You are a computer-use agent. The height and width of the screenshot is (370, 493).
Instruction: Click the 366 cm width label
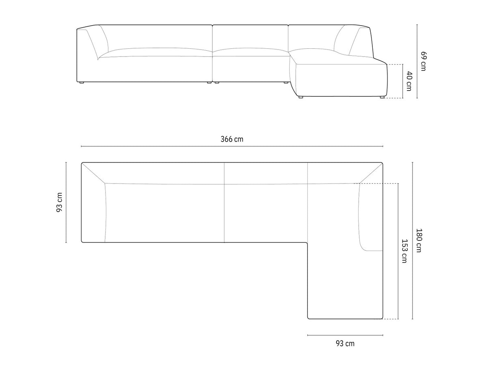(232, 139)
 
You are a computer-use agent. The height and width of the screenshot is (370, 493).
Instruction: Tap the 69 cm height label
(423, 61)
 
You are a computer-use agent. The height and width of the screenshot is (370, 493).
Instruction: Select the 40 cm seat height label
(409, 81)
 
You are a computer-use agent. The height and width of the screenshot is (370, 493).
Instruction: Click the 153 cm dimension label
(404, 251)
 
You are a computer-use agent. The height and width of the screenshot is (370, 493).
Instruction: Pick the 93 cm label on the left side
(59, 202)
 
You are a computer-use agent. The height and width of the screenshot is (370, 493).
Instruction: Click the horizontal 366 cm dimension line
(232, 146)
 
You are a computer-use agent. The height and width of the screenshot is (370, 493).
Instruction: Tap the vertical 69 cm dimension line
(417, 61)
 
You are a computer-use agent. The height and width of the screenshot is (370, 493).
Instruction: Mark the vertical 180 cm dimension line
(412, 240)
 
